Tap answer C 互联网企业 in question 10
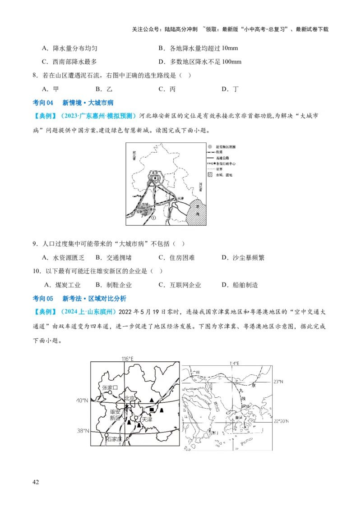180,285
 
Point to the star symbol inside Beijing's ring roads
156,178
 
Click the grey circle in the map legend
210,147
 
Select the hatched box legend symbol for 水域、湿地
210,175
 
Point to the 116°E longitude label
127,359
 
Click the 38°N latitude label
83,431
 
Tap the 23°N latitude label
279,382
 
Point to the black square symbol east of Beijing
152,410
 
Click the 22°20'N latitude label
282,421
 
